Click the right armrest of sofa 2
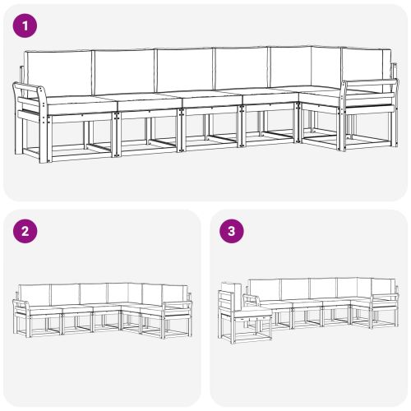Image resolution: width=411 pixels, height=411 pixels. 176,305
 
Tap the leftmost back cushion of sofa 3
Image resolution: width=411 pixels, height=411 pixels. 265,288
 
